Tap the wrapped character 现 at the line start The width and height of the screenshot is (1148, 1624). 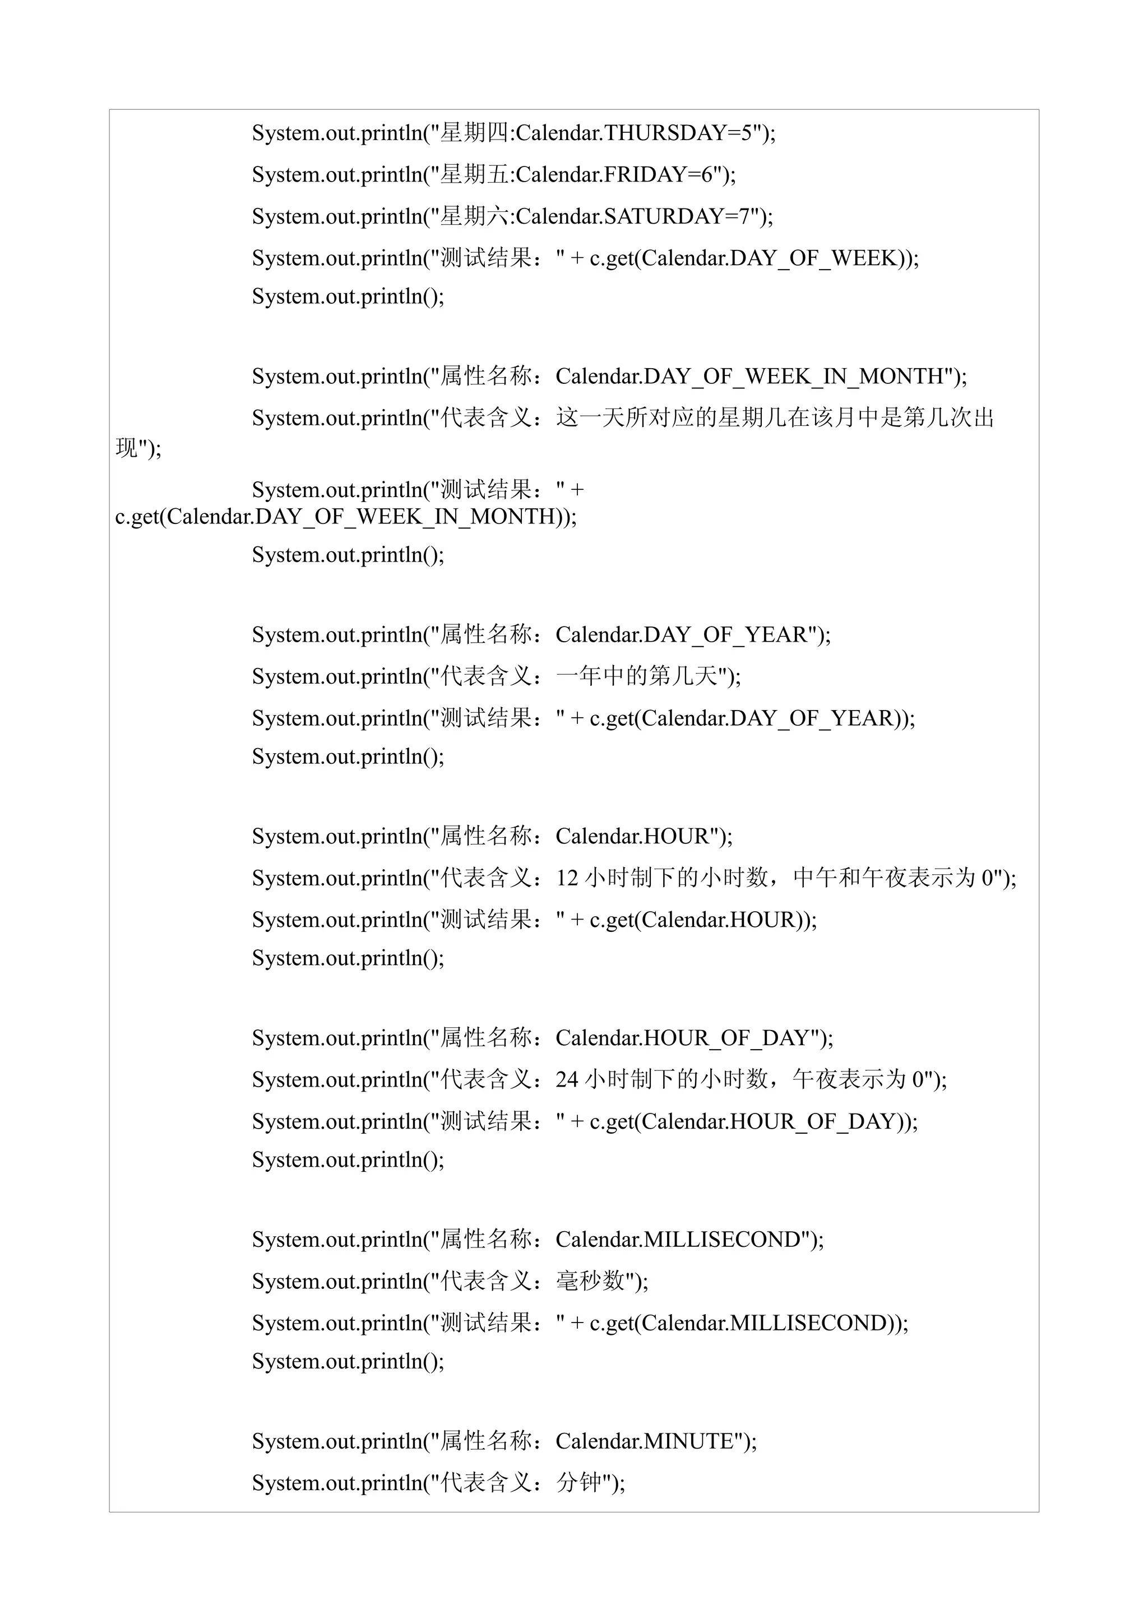(127, 448)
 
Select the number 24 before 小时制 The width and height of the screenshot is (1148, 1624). (567, 1080)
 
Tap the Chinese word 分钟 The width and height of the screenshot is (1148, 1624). (578, 1483)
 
